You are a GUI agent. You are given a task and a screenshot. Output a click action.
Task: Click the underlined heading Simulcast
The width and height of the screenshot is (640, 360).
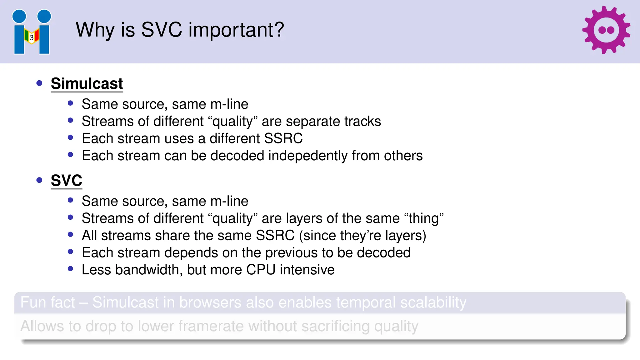pyautogui.click(x=87, y=84)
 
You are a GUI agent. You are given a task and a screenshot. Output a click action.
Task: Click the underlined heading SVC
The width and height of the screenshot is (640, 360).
pyautogui.click(x=66, y=181)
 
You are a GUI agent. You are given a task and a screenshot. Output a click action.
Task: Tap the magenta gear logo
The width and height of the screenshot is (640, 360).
pyautogui.click(x=606, y=30)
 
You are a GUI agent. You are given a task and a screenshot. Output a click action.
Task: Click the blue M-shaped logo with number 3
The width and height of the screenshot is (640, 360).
pyautogui.click(x=32, y=32)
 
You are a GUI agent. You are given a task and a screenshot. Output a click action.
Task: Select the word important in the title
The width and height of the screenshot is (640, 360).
pyautogui.click(x=236, y=30)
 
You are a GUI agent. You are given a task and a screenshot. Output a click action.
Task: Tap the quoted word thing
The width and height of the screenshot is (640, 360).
pyautogui.click(x=424, y=218)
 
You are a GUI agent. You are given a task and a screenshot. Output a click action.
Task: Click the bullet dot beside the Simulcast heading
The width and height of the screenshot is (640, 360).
pyautogui.click(x=39, y=83)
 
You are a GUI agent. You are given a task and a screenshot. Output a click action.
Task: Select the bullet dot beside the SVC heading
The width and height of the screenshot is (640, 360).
pyautogui.click(x=39, y=180)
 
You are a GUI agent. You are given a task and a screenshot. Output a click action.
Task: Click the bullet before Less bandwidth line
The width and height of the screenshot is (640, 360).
pyautogui.click(x=70, y=269)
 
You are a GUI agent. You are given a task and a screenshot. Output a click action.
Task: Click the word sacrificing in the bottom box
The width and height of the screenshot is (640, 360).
pyautogui.click(x=335, y=326)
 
